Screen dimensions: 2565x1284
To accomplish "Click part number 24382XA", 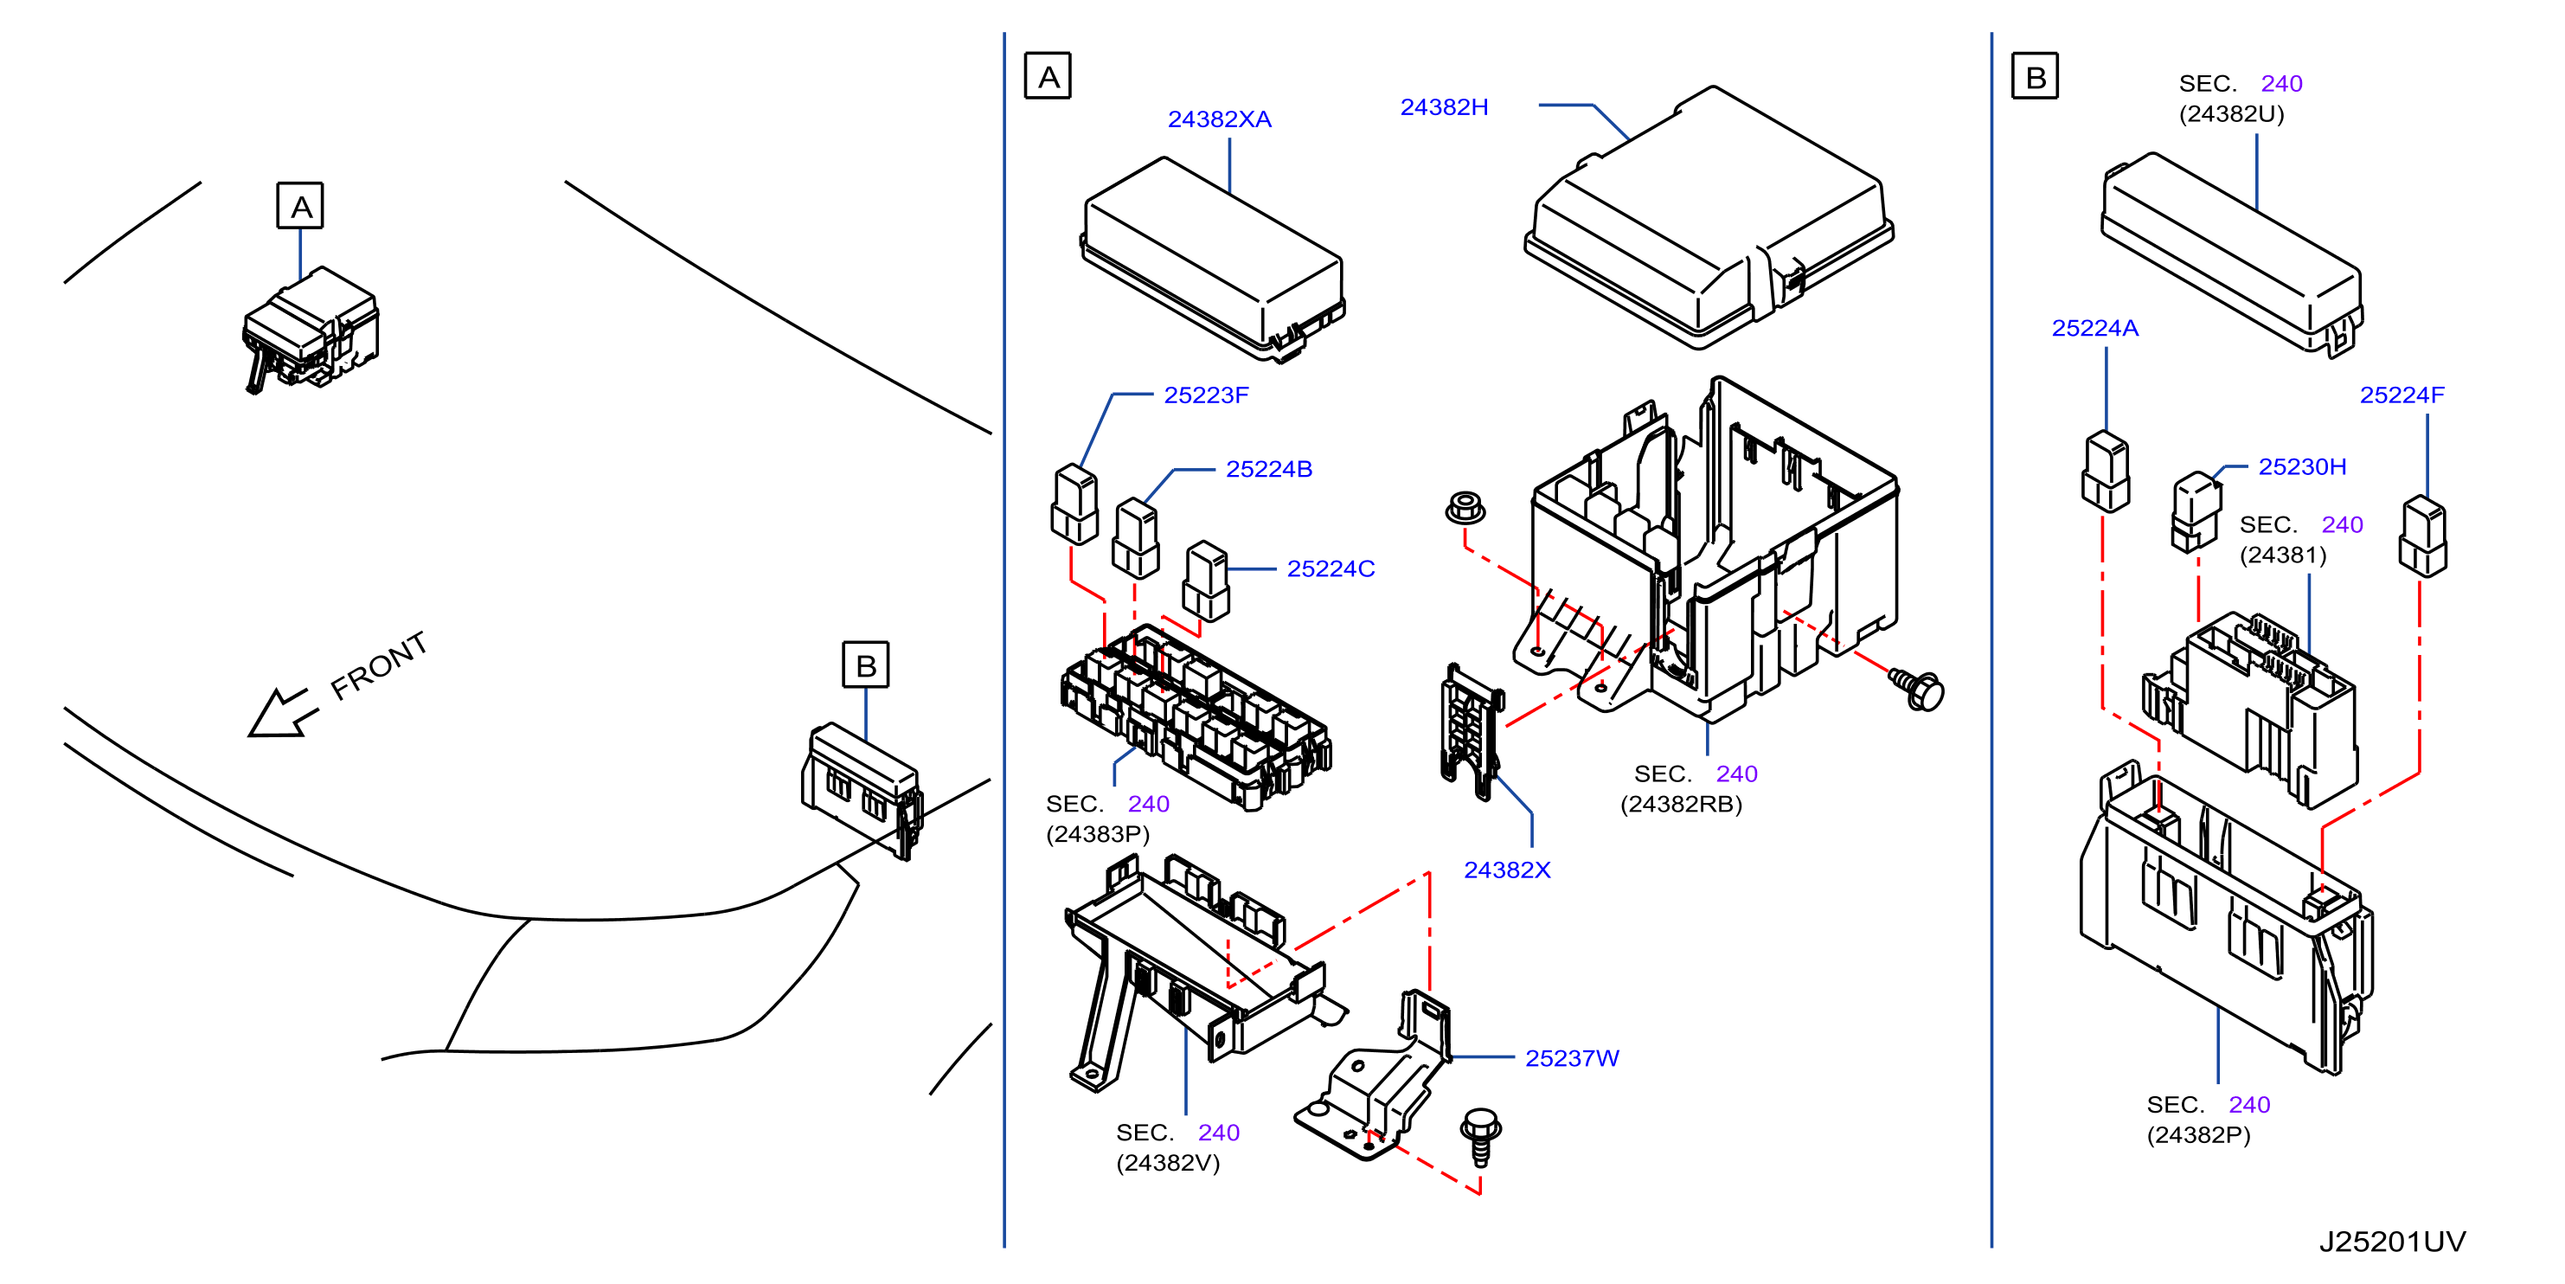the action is point(1219,119).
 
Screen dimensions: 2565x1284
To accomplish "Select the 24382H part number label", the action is point(1444,107).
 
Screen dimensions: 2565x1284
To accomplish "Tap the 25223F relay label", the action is point(1206,395).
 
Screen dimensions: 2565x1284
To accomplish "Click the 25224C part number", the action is point(1331,568).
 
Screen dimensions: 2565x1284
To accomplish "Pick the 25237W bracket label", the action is point(1572,1059).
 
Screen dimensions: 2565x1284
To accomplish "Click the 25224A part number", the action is point(2095,329).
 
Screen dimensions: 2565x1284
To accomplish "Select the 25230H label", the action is point(2302,467).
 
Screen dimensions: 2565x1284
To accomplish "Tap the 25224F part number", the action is point(2401,395).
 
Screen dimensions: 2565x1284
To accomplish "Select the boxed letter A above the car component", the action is point(299,206).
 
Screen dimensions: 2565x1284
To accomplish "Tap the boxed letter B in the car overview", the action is point(865,665).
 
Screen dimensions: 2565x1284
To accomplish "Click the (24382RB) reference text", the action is point(1681,805).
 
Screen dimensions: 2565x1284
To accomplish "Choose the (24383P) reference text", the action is point(1097,835).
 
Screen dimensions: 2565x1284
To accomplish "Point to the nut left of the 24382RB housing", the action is point(1465,508).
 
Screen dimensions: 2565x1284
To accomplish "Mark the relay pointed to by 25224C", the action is point(1206,581).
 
